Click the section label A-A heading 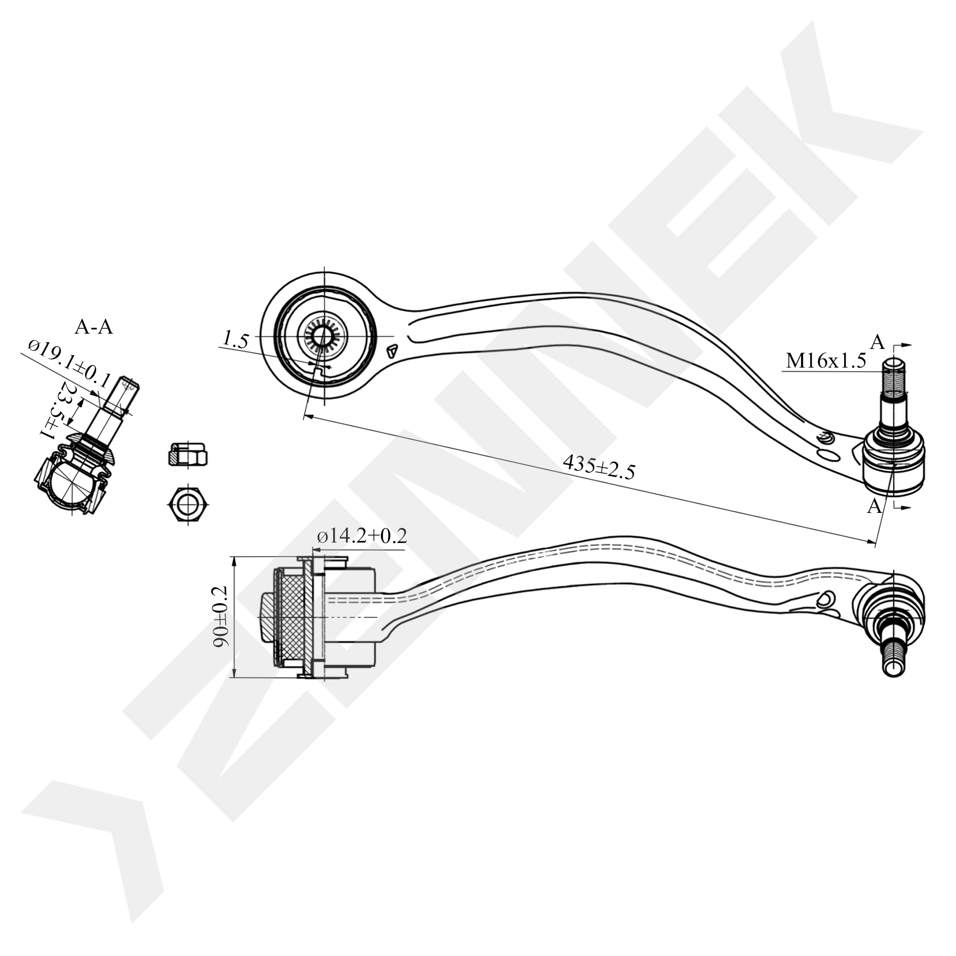94,327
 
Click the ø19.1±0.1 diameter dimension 69,364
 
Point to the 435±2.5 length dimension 598,468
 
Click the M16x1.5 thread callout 826,361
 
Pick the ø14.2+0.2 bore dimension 362,536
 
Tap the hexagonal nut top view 188,505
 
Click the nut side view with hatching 188,454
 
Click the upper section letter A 877,342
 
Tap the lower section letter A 875,505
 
